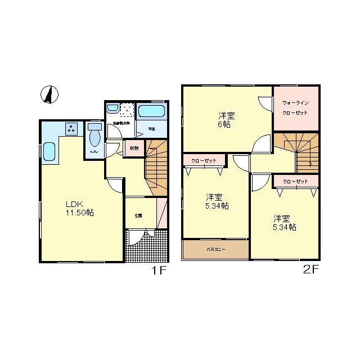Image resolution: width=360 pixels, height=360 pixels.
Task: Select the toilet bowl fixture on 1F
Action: [94, 136]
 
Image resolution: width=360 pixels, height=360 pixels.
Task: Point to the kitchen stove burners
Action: [72, 129]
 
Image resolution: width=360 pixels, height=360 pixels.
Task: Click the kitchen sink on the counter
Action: [50, 152]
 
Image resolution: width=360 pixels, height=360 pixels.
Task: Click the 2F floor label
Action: [311, 270]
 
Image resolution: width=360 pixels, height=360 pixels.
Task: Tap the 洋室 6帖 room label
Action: [227, 119]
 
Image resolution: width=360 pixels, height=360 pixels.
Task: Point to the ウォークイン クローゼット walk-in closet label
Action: [295, 107]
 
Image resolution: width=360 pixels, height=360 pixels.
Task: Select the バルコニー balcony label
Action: [215, 248]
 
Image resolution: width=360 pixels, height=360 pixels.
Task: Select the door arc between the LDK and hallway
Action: [115, 186]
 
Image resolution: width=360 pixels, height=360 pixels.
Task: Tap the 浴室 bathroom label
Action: [151, 129]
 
